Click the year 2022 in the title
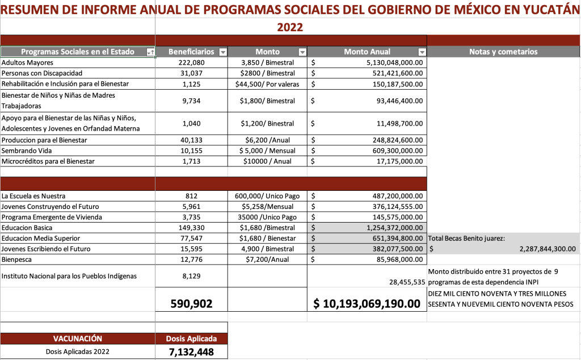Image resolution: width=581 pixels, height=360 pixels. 290,27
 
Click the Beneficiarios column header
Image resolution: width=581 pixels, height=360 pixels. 191,52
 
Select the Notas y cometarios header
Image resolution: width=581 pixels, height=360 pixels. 503,52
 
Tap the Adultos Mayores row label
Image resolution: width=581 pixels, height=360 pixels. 28,62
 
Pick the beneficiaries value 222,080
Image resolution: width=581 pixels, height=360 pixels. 191,62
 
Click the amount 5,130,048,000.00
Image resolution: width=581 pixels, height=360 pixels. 394,62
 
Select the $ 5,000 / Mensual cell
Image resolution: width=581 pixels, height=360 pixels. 267,150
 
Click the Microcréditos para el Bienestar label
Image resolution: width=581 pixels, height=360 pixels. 48,161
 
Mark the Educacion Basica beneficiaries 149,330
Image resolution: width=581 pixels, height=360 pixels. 191,228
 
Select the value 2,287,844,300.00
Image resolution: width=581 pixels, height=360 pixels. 547,249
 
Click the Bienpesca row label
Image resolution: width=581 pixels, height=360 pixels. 17,259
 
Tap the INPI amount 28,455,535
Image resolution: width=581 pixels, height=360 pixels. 407,282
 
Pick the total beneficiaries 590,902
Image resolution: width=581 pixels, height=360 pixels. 191,304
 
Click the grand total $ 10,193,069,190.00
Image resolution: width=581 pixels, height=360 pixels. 367,304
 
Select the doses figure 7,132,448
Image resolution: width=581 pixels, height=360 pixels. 191,352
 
